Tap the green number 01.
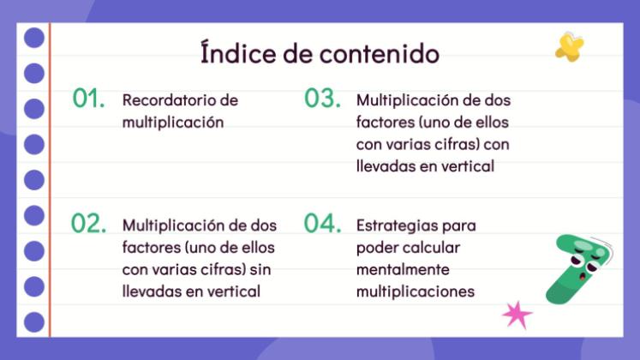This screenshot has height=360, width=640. click(88, 99)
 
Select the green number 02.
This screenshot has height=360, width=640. click(88, 224)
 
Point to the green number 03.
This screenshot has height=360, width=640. click(322, 99)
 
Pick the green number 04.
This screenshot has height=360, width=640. click(322, 224)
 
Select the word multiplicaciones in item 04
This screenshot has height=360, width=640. click(415, 292)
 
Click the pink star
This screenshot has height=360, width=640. click(517, 315)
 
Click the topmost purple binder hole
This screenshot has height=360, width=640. click(34, 38)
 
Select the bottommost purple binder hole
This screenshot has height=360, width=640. click(34, 322)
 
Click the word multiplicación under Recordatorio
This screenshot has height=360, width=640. click(172, 122)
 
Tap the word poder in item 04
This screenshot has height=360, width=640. click(378, 248)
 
